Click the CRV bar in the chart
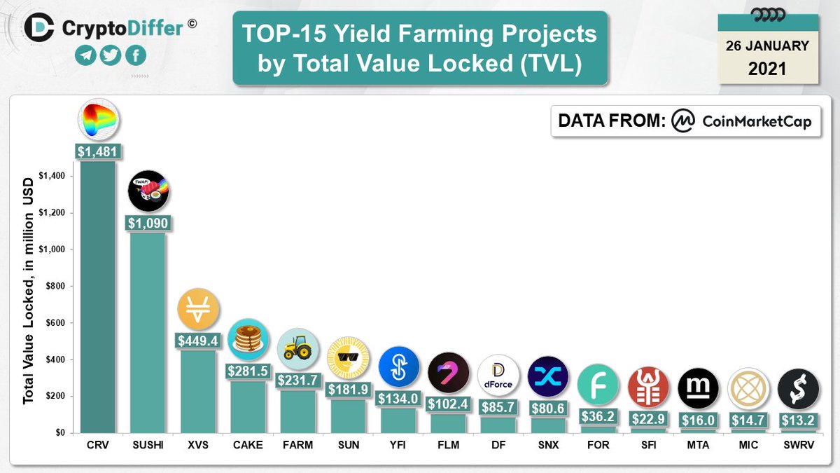[x=99, y=294]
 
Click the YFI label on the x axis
[x=398, y=445]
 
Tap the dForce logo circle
[x=498, y=376]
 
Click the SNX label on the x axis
[x=548, y=445]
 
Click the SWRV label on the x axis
[x=797, y=445]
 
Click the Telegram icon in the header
[x=85, y=56]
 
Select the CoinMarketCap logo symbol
[x=682, y=121]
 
